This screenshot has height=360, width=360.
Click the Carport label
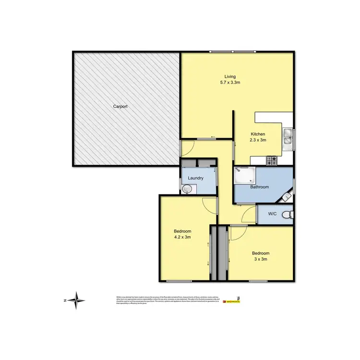[x=120, y=106]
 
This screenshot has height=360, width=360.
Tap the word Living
[x=230, y=76]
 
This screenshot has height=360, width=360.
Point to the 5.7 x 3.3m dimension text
[x=230, y=83]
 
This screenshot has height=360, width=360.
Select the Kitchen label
[x=258, y=134]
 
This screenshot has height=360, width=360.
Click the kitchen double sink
[x=288, y=137]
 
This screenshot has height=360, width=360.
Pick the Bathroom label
[x=259, y=187]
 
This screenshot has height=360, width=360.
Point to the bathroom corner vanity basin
[x=286, y=196]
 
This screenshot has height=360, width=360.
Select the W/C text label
[x=272, y=214]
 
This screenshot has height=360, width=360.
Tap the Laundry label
[x=196, y=178]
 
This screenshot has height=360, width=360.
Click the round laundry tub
[x=187, y=190]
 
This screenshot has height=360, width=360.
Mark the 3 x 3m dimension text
[x=261, y=259]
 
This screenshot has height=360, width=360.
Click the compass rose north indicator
[x=76, y=301]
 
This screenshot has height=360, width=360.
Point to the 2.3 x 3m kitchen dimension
[x=258, y=140]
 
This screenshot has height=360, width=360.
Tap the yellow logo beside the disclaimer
[x=233, y=301]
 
